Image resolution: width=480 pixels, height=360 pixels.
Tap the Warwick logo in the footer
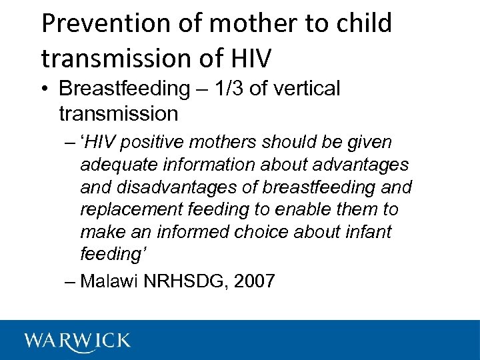tap(78, 341)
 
